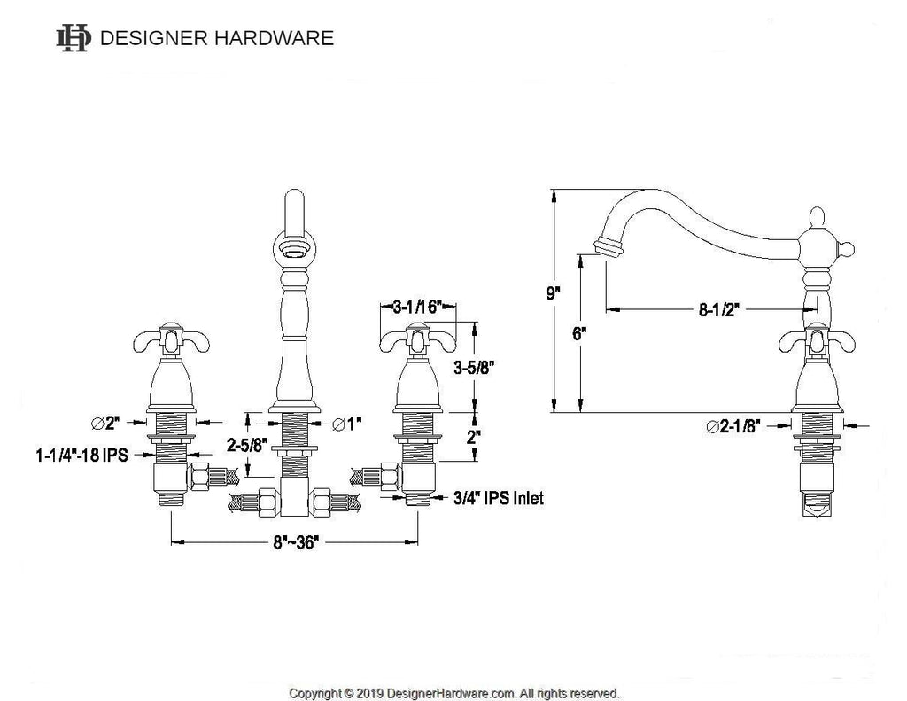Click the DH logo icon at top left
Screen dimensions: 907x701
point(74,38)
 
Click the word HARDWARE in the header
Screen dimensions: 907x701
point(274,38)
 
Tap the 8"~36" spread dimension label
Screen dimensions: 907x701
point(296,542)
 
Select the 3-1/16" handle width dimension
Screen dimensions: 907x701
point(417,307)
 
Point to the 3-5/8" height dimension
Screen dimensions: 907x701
point(475,367)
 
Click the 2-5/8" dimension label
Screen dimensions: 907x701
point(247,445)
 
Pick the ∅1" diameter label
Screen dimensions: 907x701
point(347,424)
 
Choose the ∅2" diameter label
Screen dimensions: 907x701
point(105,423)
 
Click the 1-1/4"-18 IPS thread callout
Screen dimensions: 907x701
point(81,455)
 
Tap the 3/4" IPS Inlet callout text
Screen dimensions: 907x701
point(498,498)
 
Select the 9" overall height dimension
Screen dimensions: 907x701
point(554,292)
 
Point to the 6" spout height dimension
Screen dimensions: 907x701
point(579,334)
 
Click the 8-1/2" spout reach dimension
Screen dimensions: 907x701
point(719,309)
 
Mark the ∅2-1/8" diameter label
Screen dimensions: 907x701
point(733,426)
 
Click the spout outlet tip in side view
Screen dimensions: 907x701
point(609,247)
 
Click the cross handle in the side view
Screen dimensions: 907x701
point(816,341)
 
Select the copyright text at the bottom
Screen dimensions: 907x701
point(454,693)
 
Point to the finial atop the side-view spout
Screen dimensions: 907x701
point(816,217)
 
